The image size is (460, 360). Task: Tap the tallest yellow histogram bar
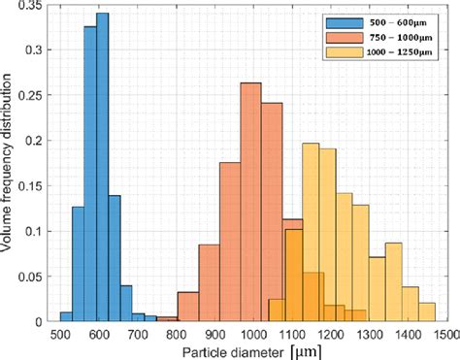pyautogui.click(x=312, y=233)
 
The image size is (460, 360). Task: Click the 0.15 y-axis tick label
pyautogui.click(x=36, y=186)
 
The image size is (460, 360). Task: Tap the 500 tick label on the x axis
pyautogui.click(x=60, y=334)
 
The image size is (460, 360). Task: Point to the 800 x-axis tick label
pyautogui.click(x=176, y=334)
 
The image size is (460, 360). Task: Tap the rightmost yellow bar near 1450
pyautogui.click(x=427, y=305)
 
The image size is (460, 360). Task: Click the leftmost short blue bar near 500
pyautogui.click(x=66, y=316)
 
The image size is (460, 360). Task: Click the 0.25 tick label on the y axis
pyautogui.click(x=36, y=96)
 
